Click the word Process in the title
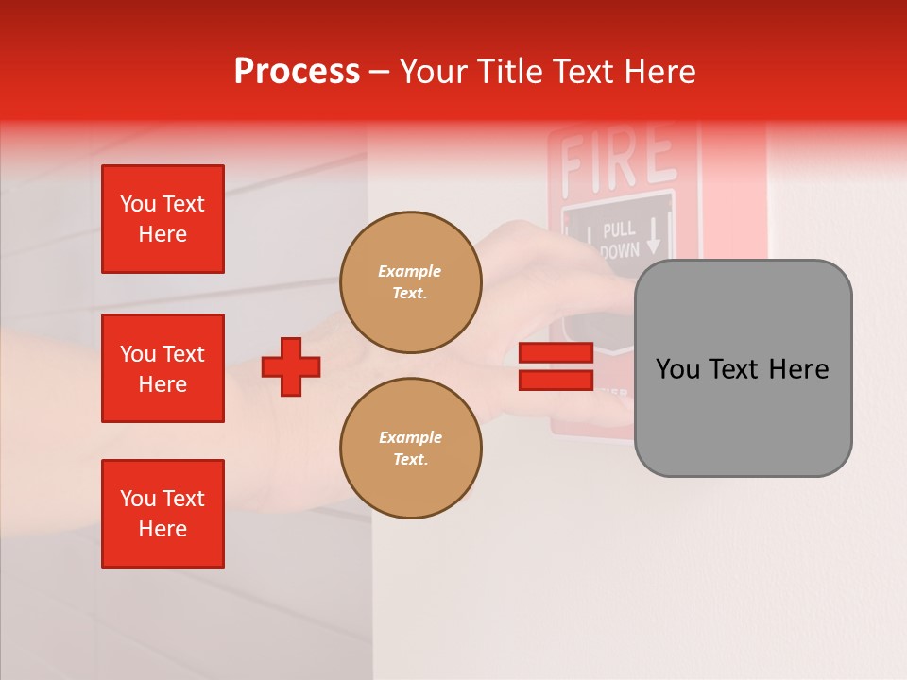(x=297, y=71)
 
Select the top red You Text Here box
(x=163, y=219)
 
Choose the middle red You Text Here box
(x=163, y=368)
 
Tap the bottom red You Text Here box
(x=163, y=514)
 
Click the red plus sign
(x=291, y=366)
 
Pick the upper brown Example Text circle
(x=411, y=281)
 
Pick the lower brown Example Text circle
(x=411, y=448)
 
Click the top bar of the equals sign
(x=556, y=353)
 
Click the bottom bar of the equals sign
(x=556, y=380)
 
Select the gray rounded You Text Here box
(x=743, y=368)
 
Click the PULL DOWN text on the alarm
(x=620, y=240)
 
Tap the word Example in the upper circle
(x=410, y=271)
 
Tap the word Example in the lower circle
(x=410, y=437)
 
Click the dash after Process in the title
(x=379, y=73)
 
